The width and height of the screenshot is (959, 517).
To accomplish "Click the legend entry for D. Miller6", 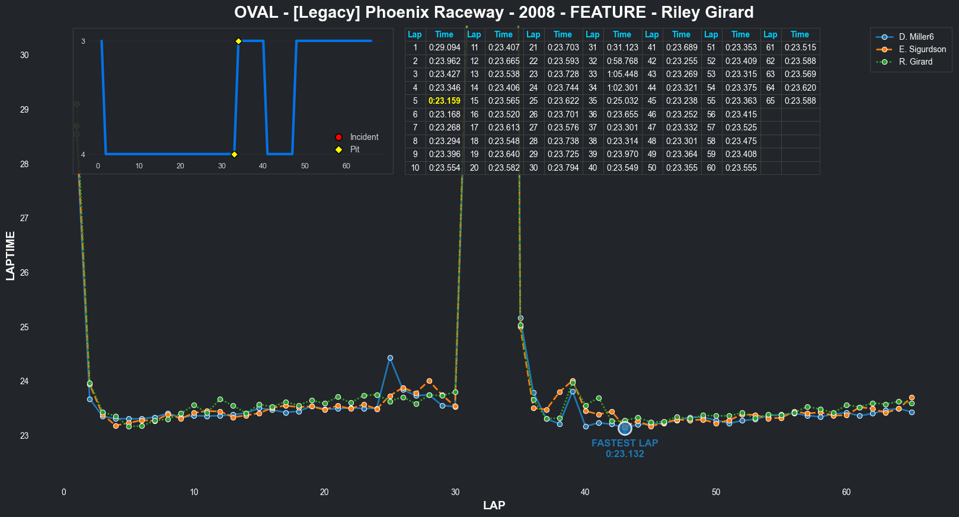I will point(916,37).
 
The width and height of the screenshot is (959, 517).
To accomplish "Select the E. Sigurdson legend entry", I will point(922,49).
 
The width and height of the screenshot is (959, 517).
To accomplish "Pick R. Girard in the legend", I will point(915,62).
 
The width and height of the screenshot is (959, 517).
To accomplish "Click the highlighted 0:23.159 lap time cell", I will point(445,101).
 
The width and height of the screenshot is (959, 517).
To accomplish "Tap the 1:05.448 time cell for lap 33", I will point(622,74).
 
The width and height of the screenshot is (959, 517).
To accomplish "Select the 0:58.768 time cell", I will point(622,61).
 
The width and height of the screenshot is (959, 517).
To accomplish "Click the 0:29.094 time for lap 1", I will point(445,47).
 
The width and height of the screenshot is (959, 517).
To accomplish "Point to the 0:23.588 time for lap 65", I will point(800,101).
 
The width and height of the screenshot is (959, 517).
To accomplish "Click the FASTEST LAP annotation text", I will point(625,443).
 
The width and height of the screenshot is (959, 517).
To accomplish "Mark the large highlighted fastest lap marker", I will point(625,428).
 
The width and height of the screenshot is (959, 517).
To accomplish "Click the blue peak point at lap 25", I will point(390,358).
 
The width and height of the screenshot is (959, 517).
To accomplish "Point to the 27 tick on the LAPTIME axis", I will point(24,218).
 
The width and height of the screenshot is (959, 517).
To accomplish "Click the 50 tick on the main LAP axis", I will point(716,492).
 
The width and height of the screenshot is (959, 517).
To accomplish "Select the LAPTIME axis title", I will point(11,256).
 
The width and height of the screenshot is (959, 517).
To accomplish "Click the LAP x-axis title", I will point(494,505).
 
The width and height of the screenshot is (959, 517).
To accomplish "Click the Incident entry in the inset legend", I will point(363,137).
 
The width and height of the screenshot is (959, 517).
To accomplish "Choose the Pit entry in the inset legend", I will point(354,149).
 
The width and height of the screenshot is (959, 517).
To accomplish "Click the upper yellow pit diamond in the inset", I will point(238,41).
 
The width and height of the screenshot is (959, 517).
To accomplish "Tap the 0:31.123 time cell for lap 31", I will point(622,47).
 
